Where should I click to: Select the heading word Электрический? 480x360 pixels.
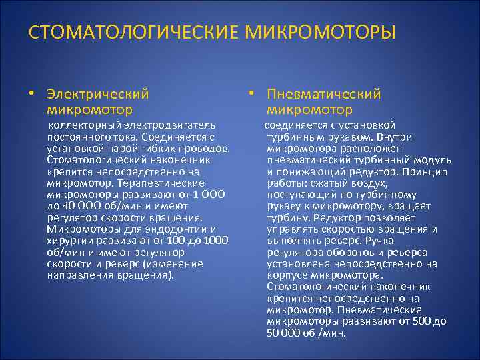tap(97, 95)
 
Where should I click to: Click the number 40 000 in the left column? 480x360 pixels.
tap(83, 205)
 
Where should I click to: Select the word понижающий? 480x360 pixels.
tap(309, 171)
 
